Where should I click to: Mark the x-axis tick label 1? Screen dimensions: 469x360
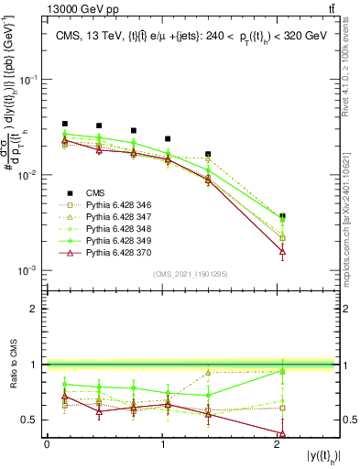163,444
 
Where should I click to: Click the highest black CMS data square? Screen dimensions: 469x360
65,124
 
